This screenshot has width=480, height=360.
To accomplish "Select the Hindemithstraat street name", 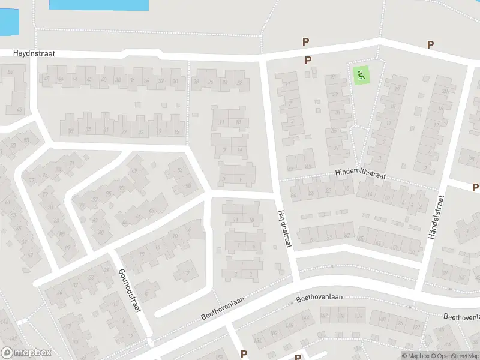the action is [360, 174].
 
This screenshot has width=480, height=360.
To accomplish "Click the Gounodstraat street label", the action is [130, 290].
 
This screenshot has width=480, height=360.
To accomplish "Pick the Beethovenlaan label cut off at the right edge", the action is [462, 316].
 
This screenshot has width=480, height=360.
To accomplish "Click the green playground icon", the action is [361, 76].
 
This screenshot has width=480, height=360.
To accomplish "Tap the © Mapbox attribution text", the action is [416, 356].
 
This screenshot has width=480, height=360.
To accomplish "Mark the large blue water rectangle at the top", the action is [98, 5].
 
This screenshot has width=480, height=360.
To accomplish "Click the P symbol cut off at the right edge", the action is [476, 188].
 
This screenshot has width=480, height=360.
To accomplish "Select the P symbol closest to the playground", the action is [308, 60].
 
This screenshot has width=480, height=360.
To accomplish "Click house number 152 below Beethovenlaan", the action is [259, 341].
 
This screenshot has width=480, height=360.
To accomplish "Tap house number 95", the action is [108, 193].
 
